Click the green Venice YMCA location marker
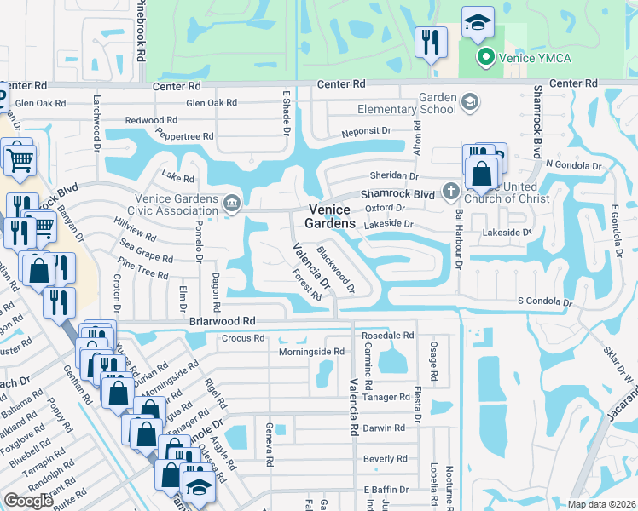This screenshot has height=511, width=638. coord(485,58)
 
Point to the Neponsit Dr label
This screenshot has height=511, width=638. coord(366,132)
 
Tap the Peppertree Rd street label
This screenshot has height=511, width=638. coord(184,135)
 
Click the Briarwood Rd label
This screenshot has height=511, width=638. coord(223,321)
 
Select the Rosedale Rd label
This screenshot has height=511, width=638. coord(389,336)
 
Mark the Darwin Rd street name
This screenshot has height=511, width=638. coord(383,428)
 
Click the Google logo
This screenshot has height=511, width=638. coord(29,500)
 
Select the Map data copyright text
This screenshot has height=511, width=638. coord(601,504)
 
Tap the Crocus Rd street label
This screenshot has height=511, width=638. coord(240,338)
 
